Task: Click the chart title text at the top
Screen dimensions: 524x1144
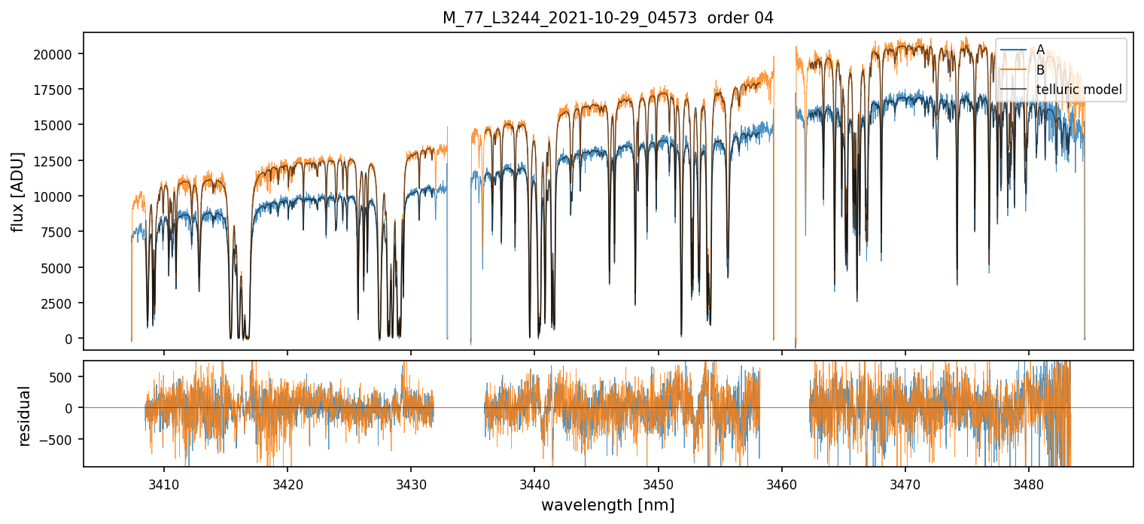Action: click(x=608, y=18)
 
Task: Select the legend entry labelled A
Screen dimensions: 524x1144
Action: click(x=1040, y=50)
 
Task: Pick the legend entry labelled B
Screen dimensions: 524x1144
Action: click(x=1040, y=70)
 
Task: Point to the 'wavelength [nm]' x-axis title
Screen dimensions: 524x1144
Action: click(x=607, y=504)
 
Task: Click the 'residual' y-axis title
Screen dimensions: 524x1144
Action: click(x=24, y=416)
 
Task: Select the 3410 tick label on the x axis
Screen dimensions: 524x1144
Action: click(x=164, y=483)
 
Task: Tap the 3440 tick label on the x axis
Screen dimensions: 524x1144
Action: click(x=534, y=483)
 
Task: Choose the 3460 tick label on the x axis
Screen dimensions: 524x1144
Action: click(x=781, y=483)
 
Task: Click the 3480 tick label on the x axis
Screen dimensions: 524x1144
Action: click(x=1028, y=483)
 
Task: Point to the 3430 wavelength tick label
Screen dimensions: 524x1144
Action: click(x=411, y=483)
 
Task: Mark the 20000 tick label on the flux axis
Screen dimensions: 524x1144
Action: click(x=57, y=54)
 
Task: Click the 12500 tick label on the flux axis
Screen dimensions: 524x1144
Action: click(x=57, y=161)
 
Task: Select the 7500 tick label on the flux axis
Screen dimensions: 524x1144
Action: click(x=60, y=232)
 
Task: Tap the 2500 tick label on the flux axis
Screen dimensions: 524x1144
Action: click(x=60, y=303)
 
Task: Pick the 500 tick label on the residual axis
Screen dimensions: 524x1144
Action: click(x=66, y=377)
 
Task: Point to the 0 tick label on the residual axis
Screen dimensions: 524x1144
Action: click(x=73, y=408)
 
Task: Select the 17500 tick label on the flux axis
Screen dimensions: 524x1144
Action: click(x=57, y=90)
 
